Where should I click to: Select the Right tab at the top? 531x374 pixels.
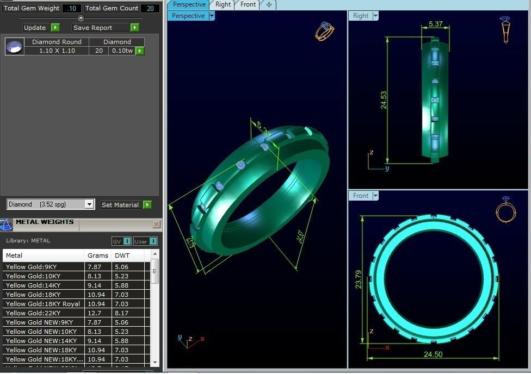tap(223, 4)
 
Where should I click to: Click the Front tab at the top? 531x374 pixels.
tap(248, 4)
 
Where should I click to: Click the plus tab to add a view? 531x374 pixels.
tap(269, 5)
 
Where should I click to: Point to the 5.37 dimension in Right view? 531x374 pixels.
tap(436, 24)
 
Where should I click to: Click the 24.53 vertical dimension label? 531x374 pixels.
tap(384, 99)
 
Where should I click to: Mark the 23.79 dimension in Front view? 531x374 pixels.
tap(358, 279)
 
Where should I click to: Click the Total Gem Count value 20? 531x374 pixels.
tap(149, 8)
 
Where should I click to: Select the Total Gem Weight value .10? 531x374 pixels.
tap(71, 8)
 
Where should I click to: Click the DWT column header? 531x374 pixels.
tap(122, 255)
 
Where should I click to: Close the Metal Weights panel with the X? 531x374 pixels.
tap(156, 224)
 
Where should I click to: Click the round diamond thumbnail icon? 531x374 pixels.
tap(15, 47)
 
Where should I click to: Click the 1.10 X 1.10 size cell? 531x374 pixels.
tap(57, 51)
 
